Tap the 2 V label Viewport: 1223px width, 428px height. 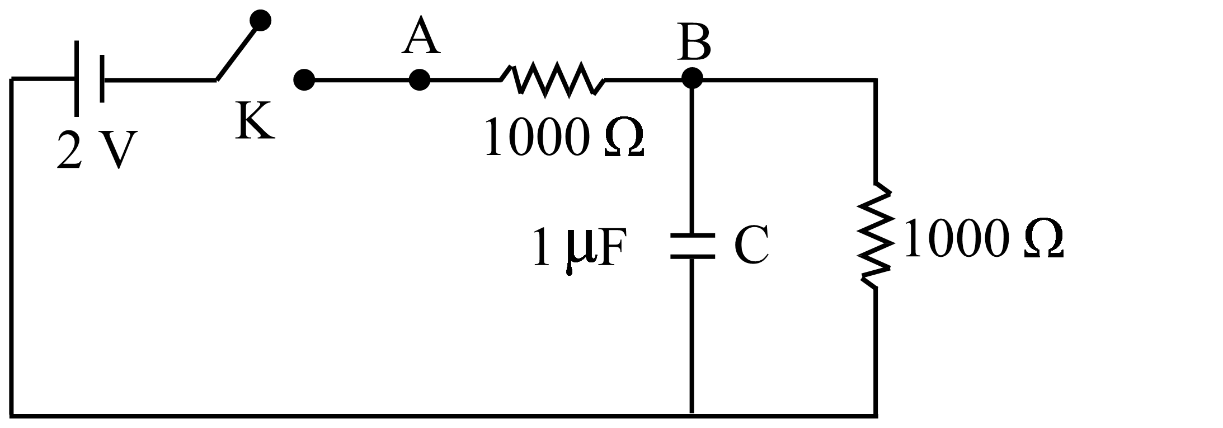pyautogui.click(x=97, y=150)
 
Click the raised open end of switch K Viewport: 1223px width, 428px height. pyautogui.click(x=260, y=20)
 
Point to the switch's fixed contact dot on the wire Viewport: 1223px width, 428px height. pyautogui.click(x=304, y=80)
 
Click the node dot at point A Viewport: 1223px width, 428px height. pyautogui.click(x=419, y=80)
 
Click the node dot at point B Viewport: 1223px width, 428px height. pyautogui.click(x=692, y=78)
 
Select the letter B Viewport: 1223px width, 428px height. pyautogui.click(x=694, y=43)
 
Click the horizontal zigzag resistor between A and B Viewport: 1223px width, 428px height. pyautogui.click(x=553, y=80)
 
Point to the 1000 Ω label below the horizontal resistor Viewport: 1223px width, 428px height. pyautogui.click(x=564, y=138)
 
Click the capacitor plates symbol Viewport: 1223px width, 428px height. pyautogui.click(x=692, y=246)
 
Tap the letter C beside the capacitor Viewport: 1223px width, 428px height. pyautogui.click(x=751, y=246)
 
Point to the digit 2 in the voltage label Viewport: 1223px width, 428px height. pyautogui.click(x=69, y=150)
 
